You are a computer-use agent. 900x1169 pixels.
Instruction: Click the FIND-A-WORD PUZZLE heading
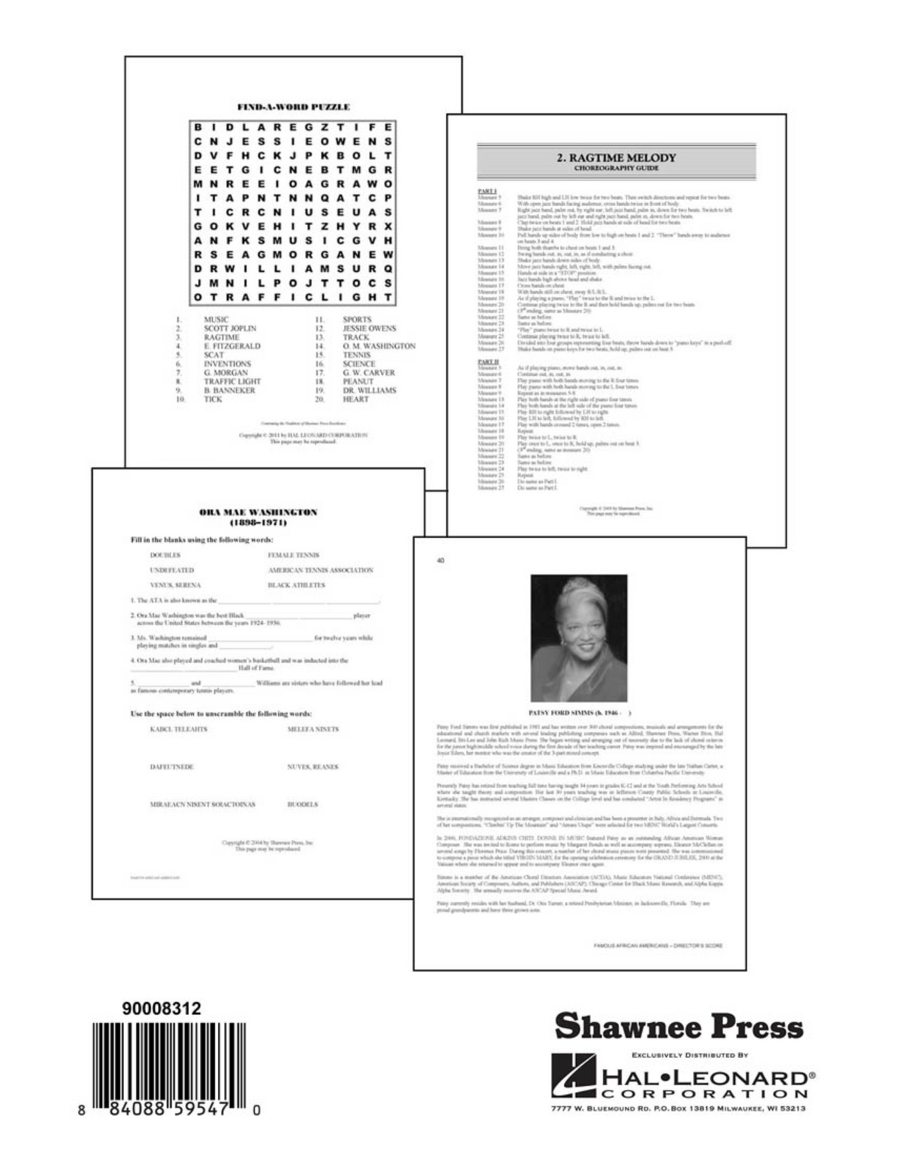[x=293, y=107]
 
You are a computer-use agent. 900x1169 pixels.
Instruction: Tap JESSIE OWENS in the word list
[x=369, y=328]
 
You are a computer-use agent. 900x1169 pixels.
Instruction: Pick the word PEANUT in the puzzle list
[x=358, y=382]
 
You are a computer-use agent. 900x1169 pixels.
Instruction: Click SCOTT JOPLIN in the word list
[x=230, y=328]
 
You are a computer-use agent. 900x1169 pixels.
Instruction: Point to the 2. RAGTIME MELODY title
[x=616, y=157]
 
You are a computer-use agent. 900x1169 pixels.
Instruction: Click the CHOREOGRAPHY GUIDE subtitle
[x=616, y=169]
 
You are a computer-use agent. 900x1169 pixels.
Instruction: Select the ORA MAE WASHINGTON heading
[x=259, y=512]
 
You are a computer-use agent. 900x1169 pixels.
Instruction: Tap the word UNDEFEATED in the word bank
[x=172, y=570]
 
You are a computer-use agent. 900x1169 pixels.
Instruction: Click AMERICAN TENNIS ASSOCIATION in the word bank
[x=320, y=570]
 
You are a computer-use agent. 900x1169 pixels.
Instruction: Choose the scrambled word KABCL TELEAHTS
[x=179, y=729]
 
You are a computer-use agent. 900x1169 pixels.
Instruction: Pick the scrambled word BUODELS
[x=302, y=804]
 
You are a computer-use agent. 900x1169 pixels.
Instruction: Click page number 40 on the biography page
[x=441, y=561]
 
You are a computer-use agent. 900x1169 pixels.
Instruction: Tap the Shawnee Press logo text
[x=678, y=1028]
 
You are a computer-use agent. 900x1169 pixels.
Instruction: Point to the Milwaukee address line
[x=678, y=1109]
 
